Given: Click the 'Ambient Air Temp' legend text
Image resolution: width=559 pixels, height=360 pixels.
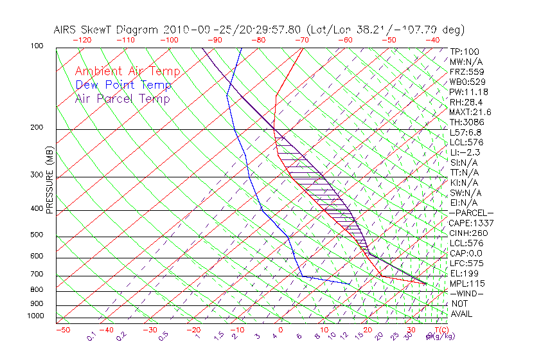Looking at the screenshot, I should [127, 71].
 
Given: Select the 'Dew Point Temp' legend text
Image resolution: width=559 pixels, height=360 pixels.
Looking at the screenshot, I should [123, 85].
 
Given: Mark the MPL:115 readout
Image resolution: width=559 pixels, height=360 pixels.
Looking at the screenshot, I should [466, 283].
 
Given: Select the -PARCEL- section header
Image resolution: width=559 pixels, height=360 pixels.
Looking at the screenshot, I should [471, 213].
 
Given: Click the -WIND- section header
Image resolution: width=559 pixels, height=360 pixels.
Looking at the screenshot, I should [466, 293].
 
